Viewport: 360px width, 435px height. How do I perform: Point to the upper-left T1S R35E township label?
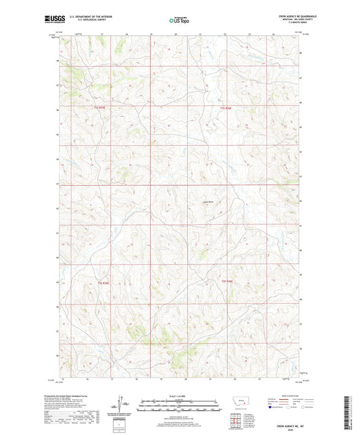100,107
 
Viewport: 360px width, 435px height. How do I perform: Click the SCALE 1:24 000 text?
180,396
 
